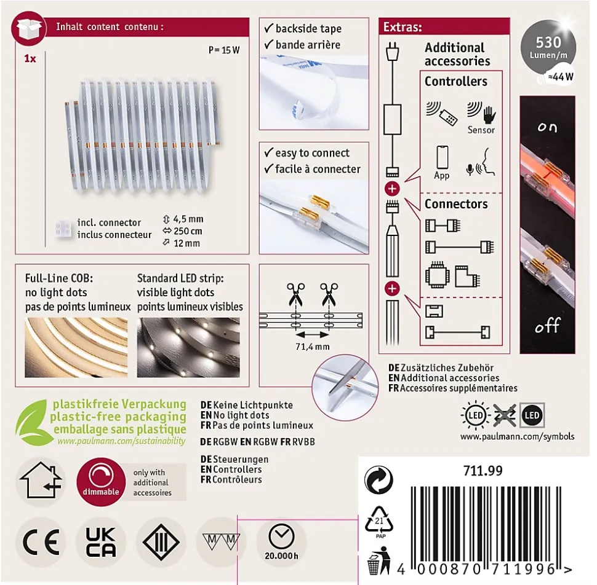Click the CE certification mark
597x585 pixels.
coord(41,541)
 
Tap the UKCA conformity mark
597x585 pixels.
coord(101,541)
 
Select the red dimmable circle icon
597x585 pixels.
coord(101,482)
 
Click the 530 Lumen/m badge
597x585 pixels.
coord(548,47)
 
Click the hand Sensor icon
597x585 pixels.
coord(489,114)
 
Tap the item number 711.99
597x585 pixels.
coord(483,471)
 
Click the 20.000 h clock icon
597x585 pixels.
coord(281,536)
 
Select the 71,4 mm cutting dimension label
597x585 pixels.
coord(313,347)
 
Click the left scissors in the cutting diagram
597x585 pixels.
coord(296,294)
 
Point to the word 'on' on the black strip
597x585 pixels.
coord(548,127)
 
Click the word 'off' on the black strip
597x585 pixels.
coord(548,326)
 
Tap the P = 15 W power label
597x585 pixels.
coord(224,50)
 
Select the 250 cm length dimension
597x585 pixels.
coord(188,231)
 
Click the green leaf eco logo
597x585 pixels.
coord(33,422)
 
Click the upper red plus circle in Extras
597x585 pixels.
coord(392,189)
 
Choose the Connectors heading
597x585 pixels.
coord(456,204)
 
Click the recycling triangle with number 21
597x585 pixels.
coord(379,520)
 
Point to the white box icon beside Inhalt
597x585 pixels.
coord(29,28)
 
